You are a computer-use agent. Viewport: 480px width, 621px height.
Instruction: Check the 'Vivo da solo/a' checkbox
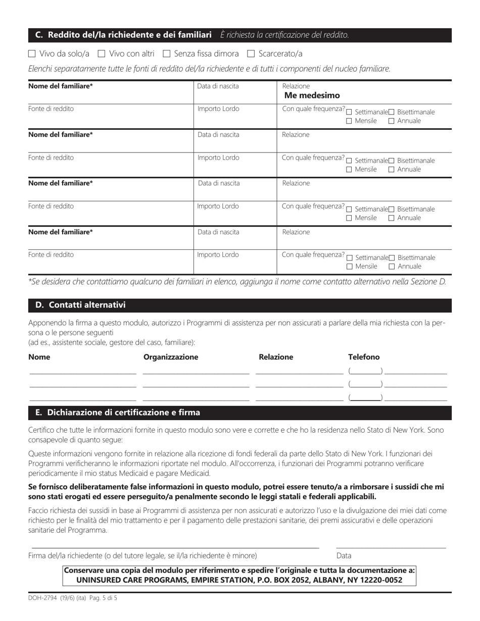point(32,54)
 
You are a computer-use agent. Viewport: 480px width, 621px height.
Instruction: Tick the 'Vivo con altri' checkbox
point(101,54)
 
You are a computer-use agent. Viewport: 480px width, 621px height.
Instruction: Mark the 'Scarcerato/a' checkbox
point(251,54)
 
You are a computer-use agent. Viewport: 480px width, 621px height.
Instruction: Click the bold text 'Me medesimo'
point(312,95)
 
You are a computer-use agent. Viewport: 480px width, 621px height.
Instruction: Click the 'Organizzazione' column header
point(171,357)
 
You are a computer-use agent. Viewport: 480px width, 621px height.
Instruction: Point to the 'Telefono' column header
point(363,357)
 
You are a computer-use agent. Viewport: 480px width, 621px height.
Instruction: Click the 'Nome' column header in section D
point(39,357)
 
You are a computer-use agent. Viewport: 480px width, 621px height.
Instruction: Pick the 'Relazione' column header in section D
point(275,357)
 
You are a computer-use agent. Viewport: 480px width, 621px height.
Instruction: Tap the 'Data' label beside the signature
point(344,555)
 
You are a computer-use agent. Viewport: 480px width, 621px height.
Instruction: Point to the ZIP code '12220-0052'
point(382,580)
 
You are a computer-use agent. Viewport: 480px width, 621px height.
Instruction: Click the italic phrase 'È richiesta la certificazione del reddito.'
point(284,35)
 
